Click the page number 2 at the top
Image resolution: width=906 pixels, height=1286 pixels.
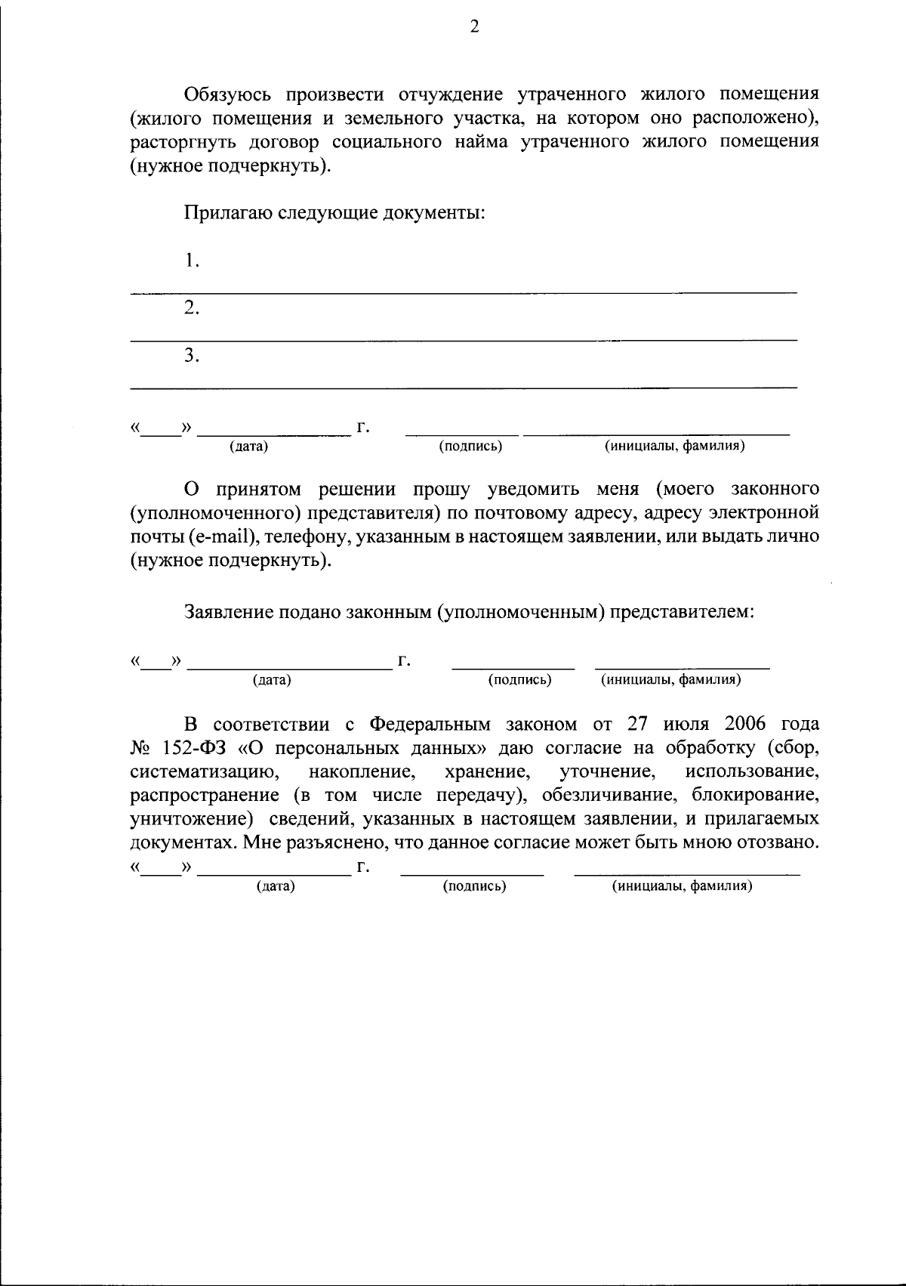(x=474, y=27)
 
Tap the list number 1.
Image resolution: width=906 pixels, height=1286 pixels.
(x=192, y=261)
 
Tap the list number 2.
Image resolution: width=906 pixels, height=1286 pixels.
(x=192, y=308)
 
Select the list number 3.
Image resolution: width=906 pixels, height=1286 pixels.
(x=192, y=355)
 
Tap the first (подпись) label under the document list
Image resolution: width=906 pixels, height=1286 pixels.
(x=470, y=447)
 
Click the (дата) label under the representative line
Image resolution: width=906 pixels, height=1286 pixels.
(x=272, y=680)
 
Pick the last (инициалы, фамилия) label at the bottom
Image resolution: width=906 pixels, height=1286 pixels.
(x=682, y=886)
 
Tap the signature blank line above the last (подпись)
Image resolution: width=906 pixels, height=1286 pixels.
(x=472, y=874)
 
